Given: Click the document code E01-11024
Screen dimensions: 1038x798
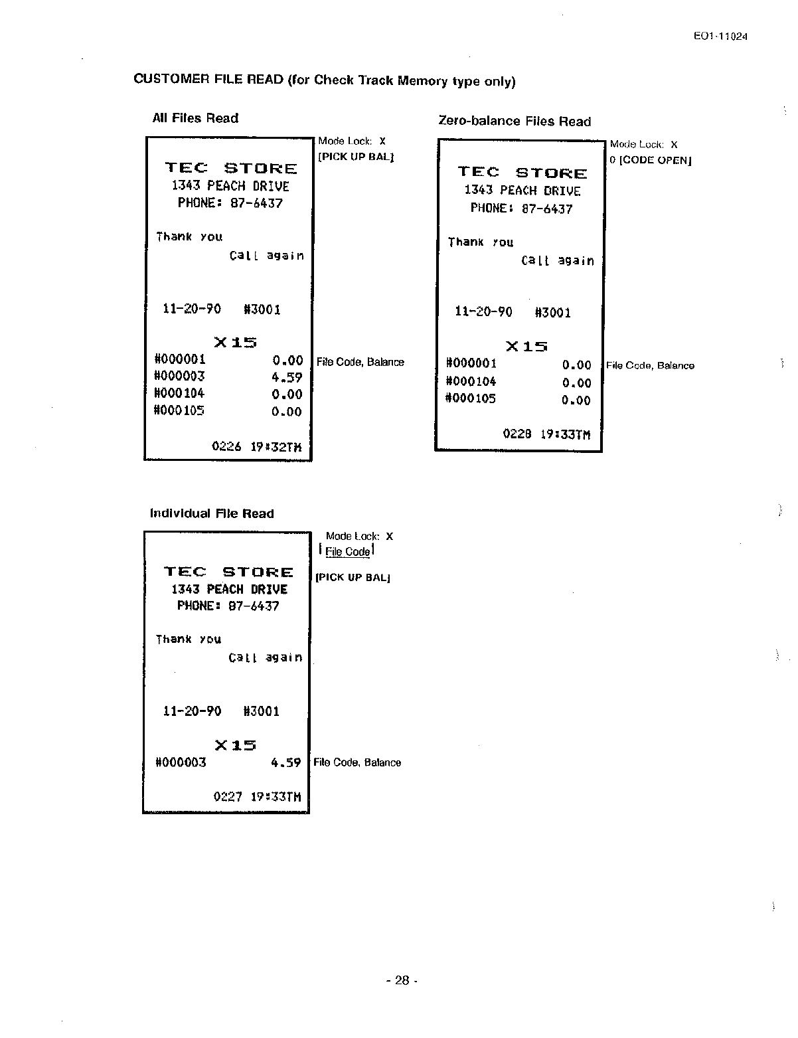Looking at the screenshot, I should [720, 37].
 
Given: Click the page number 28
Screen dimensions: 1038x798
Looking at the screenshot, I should [402, 980].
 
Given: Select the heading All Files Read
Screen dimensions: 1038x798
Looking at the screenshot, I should [195, 118].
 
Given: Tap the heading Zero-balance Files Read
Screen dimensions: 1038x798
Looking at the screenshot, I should [515, 122].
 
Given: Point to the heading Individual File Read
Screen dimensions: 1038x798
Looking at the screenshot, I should [212, 513].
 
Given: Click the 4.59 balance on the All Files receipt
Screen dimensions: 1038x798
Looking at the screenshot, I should [287, 377].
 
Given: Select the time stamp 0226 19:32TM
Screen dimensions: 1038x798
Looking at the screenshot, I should [256, 446].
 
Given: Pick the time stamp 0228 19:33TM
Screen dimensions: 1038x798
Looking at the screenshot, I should [546, 434].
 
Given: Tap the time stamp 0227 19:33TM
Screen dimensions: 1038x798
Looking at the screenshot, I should [257, 796].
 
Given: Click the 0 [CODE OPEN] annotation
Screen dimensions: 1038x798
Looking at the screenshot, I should [651, 160].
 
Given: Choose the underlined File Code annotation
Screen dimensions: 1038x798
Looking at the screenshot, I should [347, 552].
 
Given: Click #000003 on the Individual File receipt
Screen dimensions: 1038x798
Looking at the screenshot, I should [181, 762].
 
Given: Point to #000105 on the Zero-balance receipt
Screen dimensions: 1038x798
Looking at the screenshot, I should [471, 398].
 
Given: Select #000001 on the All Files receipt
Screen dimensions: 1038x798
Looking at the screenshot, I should [180, 359].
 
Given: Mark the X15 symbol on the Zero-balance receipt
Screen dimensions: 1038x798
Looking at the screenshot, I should [526, 346].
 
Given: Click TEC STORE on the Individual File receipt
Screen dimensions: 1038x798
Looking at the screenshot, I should [228, 572].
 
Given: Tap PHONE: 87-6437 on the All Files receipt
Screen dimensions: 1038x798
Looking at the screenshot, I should [230, 203].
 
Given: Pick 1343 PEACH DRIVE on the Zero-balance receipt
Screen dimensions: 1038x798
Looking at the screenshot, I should [522, 191].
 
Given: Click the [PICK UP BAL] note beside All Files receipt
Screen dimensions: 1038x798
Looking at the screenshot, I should [356, 157].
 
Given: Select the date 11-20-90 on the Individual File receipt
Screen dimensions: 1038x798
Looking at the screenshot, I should [192, 711].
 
